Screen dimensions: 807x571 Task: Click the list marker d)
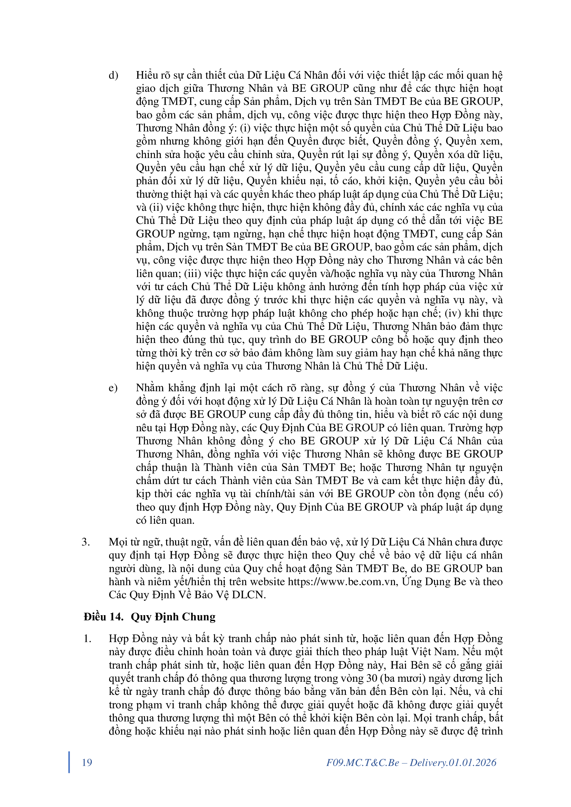point(113,76)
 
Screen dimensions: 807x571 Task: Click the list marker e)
point(113,388)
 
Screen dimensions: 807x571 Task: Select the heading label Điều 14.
point(103,617)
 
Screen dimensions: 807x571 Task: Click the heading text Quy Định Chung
point(173,617)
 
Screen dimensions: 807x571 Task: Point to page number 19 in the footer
point(87,762)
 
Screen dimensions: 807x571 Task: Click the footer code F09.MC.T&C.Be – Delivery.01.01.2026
point(411,762)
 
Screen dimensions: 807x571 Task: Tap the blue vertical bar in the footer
point(69,762)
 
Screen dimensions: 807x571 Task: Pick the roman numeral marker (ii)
point(156,207)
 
